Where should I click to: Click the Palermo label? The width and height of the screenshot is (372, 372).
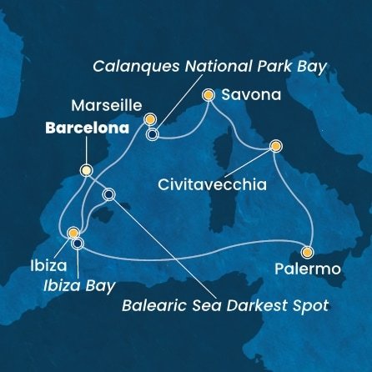tap(306, 270)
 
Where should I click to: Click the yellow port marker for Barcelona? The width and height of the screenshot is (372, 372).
tap(86, 169)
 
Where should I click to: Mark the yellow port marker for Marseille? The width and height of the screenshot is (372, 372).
tap(150, 119)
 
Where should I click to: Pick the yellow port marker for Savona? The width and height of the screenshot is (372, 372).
tap(209, 96)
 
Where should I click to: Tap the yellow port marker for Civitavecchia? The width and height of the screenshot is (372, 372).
tap(275, 147)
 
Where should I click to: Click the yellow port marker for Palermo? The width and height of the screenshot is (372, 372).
tap(307, 252)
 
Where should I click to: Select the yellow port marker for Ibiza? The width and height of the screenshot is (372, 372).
tap(73, 233)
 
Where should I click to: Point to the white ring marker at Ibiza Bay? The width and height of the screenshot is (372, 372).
tap(78, 244)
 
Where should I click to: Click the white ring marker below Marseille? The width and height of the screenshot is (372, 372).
tap(153, 132)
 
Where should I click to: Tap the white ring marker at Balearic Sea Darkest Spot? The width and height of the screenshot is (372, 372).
tap(109, 195)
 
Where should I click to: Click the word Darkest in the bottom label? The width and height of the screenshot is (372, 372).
tap(237, 304)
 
